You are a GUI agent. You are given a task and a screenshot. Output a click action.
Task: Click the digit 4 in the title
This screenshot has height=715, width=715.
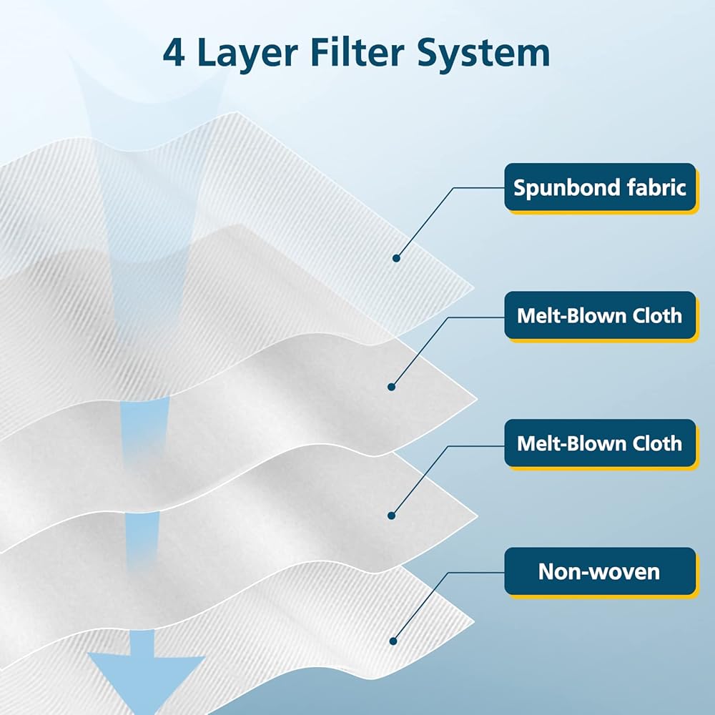coord(174,53)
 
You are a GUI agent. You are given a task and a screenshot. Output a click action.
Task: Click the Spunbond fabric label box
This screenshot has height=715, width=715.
coord(600,187)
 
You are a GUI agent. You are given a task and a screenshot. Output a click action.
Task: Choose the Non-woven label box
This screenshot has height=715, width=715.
coord(600,571)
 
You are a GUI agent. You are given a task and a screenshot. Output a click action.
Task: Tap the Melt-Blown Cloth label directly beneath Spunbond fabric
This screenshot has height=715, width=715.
coord(600,315)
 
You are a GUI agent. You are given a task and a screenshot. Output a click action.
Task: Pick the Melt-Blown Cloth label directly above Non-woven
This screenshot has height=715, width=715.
coord(600,443)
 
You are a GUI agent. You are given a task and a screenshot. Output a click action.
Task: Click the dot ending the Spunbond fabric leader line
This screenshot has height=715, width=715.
coord(396,257)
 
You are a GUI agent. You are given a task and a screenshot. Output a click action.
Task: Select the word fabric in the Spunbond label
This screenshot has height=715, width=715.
coord(655,187)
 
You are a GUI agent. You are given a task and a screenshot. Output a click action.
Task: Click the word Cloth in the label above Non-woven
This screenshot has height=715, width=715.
coord(652,443)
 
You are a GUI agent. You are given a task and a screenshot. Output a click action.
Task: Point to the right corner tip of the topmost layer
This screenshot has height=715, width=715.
coord(473,289)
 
